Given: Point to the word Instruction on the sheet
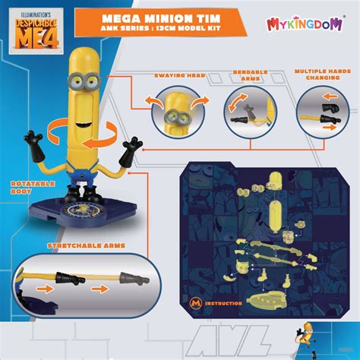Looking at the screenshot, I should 223,304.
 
